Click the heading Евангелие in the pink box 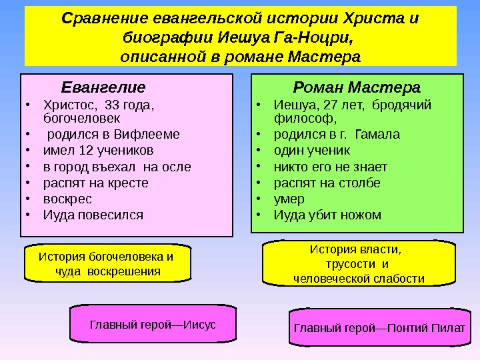(103, 87)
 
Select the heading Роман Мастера (357, 87)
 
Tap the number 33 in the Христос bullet (105, 105)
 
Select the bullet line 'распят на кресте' (95, 183)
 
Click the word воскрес (67, 199)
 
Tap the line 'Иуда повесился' (93, 215)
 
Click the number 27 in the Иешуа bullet (327, 105)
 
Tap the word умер (289, 199)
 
